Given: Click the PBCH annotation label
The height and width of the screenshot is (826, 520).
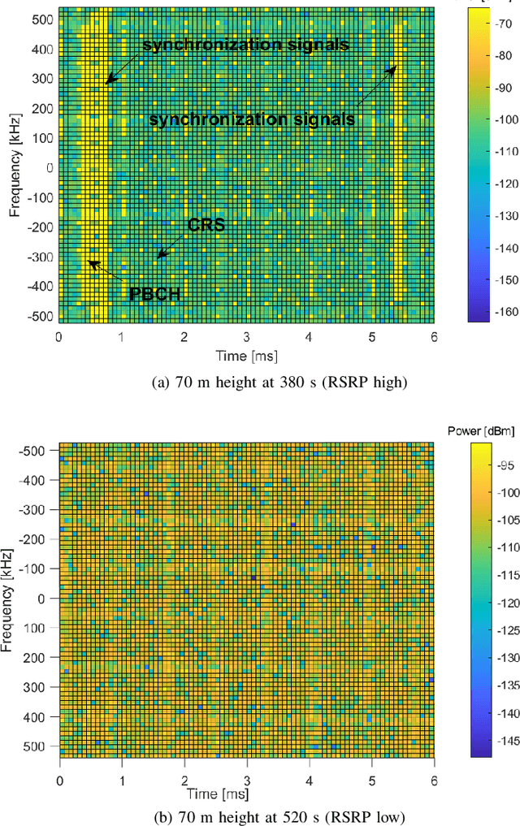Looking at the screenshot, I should coord(155,294).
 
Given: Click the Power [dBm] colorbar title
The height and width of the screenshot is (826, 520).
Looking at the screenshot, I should coord(480,430).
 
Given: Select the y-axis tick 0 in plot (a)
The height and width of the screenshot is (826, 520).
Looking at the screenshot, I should coord(49,168).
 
